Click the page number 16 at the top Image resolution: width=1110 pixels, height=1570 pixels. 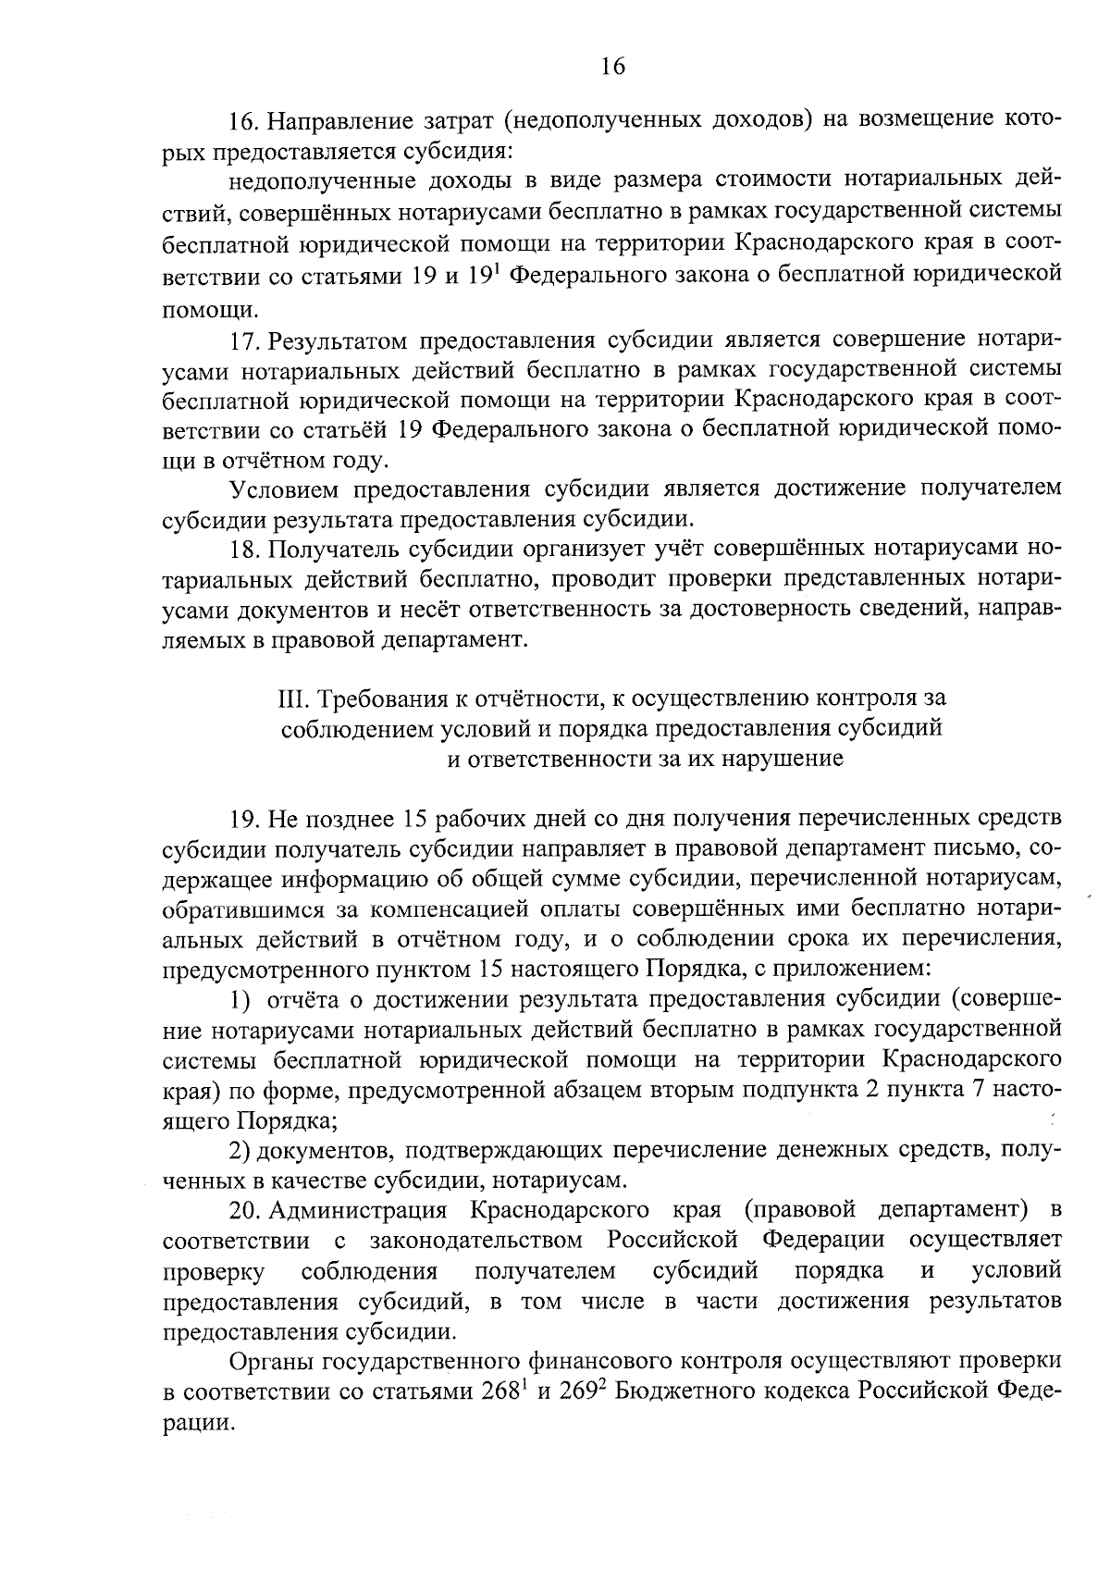[612, 66]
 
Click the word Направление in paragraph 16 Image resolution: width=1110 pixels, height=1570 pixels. [332, 120]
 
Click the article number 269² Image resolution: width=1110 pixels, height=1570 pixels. [583, 1391]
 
